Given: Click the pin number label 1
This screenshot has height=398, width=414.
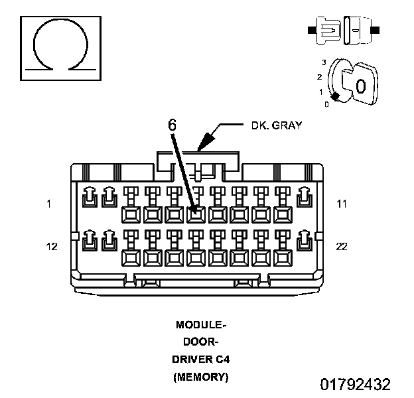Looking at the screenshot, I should [x=48, y=204].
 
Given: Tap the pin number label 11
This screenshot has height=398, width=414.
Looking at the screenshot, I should [x=342, y=204].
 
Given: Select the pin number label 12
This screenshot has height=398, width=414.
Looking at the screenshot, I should [x=51, y=247].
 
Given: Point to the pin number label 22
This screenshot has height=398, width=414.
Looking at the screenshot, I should [x=342, y=247].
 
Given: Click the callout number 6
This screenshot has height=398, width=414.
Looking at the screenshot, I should [x=171, y=125].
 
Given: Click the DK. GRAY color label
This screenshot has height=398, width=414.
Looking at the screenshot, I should [x=276, y=125].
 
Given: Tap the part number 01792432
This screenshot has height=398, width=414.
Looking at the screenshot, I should [x=355, y=385].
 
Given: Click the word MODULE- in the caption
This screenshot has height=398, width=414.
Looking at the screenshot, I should [x=201, y=325].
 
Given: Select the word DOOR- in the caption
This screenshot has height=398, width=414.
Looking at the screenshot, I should [x=201, y=342].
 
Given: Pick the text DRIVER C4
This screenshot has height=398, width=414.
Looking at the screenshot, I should [x=201, y=360].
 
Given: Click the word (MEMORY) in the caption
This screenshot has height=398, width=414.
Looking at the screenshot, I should [x=201, y=377].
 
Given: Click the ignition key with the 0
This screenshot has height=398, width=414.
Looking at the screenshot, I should [x=359, y=84].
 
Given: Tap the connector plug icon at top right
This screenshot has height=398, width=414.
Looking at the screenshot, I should [x=343, y=31].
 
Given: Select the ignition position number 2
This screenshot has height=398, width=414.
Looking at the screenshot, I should [x=320, y=77].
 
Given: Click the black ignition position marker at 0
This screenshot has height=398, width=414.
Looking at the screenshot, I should [x=336, y=98].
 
